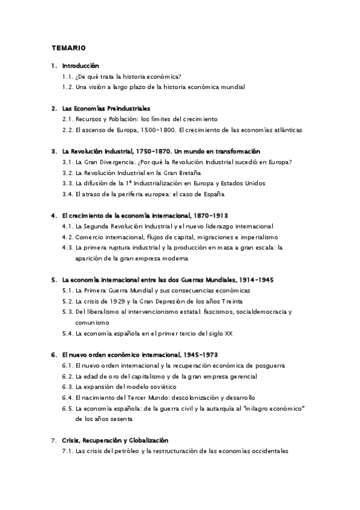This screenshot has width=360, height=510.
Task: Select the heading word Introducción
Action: point(81,66)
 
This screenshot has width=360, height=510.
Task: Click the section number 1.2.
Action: point(67,87)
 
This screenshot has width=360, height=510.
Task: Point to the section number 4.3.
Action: point(67,248)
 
